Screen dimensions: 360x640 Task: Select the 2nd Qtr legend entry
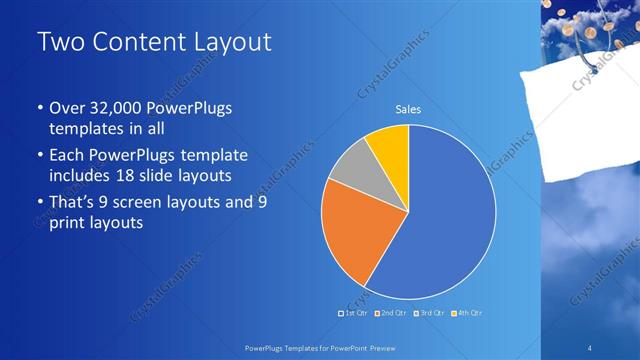[x=391, y=313]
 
